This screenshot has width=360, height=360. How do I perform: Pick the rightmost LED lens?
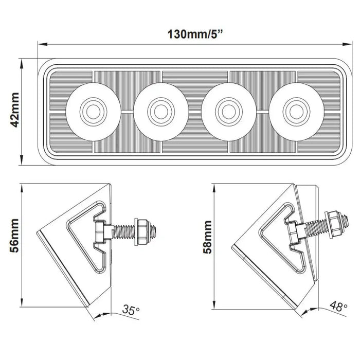295,109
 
